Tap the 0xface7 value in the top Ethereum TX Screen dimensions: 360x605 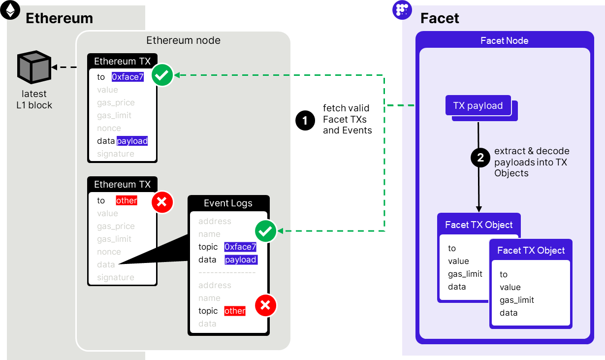tap(127, 77)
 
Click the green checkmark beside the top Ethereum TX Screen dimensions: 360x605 tap(162, 75)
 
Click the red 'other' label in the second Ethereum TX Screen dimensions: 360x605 tap(127, 200)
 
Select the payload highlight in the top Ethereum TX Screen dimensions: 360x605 tap(132, 141)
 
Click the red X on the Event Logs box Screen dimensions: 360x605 tap(266, 305)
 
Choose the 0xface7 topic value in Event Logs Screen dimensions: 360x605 tap(240, 247)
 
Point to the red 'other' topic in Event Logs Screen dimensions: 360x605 tap(235, 311)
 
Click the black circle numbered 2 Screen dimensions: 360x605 tap(480, 158)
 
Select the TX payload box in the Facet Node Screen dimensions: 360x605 tap(478, 106)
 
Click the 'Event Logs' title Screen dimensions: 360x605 tap(228, 203)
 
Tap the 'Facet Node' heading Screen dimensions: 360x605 tap(504, 40)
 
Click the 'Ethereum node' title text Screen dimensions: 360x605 tap(183, 40)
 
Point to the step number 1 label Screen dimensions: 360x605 tap(305, 120)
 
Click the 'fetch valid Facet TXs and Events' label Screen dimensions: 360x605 tap(347, 119)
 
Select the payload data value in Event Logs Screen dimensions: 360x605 tap(241, 260)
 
